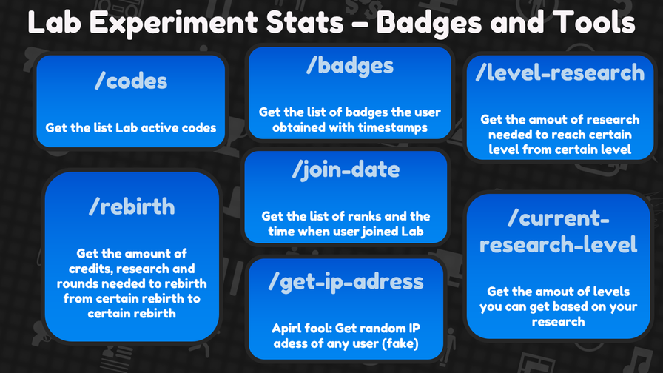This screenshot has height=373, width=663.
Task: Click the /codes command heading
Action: click(x=131, y=81)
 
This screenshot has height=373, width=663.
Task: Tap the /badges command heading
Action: click(x=350, y=67)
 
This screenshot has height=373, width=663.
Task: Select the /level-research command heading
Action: click(x=560, y=73)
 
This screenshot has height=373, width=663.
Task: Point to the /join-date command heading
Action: click(x=346, y=170)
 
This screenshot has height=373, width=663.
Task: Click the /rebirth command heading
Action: click(x=132, y=206)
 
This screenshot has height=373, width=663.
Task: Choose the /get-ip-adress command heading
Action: click(x=346, y=282)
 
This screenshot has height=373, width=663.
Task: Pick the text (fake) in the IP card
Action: click(x=400, y=343)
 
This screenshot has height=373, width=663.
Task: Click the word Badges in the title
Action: click(x=428, y=23)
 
